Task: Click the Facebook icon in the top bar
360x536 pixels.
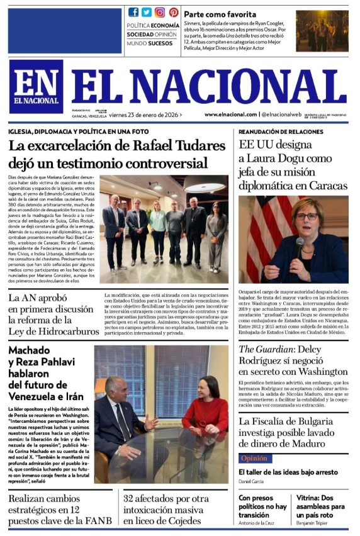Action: point(133,12)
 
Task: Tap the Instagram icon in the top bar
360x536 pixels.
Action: point(160,12)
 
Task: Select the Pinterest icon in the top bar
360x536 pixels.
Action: point(173,12)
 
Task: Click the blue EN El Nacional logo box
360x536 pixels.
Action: point(36,86)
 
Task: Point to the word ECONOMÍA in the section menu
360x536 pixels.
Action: point(166,26)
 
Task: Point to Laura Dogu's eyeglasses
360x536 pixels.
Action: point(307,216)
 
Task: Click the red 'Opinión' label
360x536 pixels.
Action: point(254,458)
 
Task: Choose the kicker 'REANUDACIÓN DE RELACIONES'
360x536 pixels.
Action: point(279,131)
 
